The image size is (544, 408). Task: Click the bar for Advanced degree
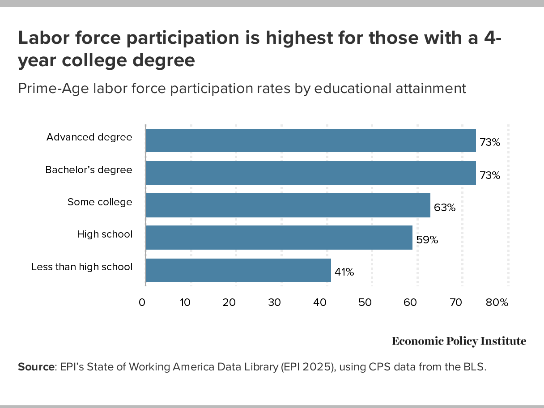[310, 140]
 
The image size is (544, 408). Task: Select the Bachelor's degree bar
[310, 173]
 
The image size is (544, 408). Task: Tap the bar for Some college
[288, 205]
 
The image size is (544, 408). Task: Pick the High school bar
[279, 238]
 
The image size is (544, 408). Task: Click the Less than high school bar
[238, 270]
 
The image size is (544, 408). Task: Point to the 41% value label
[344, 272]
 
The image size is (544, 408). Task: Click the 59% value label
[427, 240]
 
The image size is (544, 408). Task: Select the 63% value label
[444, 208]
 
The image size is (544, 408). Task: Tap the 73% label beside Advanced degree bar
[490, 143]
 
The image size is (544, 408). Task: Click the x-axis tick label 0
[142, 302]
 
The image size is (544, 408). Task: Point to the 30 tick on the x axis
[275, 302]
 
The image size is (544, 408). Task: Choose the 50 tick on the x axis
[365, 302]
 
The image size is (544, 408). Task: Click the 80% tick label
[497, 302]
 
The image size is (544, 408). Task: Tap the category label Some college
[100, 202]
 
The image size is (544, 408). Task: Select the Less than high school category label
[82, 267]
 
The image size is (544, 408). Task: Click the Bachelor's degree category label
[89, 170]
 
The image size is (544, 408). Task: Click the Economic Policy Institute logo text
[459, 341]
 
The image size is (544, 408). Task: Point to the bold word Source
[36, 367]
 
